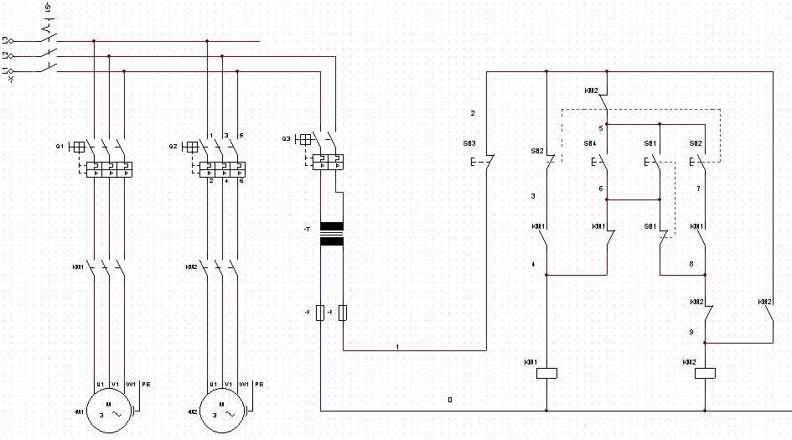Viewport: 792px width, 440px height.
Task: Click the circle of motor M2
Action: tap(222, 411)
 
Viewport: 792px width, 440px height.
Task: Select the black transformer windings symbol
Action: tap(332, 234)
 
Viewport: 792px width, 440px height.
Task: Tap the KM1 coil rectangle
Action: tap(546, 373)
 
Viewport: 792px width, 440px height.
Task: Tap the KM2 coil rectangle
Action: tap(705, 373)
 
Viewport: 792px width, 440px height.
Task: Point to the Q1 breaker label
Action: tap(60, 147)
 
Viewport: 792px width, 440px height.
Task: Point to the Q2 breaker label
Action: tap(173, 147)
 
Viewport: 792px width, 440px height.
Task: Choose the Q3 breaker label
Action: tap(286, 138)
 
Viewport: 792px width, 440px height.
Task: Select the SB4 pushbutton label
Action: tap(589, 143)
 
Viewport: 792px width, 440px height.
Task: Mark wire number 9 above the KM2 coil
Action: tap(691, 332)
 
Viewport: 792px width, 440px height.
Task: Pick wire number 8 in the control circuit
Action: tap(691, 264)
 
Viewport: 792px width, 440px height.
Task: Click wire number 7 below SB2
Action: tap(697, 189)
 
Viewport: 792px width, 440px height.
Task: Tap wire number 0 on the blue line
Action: tap(450, 401)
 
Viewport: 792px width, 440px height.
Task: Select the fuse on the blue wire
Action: tap(322, 313)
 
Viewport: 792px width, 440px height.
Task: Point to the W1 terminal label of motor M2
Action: tap(243, 384)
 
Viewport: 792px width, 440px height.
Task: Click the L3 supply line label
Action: tap(8, 39)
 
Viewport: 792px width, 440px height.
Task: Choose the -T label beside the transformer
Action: tap(308, 228)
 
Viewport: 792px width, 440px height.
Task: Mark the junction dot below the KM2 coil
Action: tap(705, 411)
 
